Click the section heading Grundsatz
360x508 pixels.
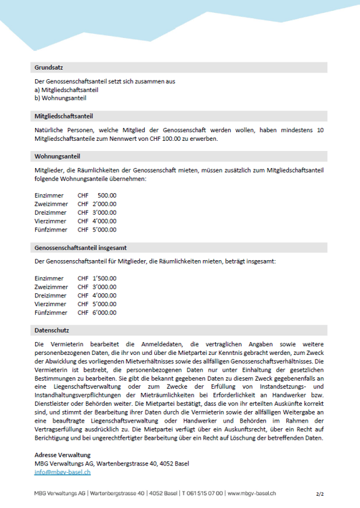point(49,68)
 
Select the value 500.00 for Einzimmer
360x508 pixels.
point(106,195)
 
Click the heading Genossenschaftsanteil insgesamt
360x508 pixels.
point(81,248)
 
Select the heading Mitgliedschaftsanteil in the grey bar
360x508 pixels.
point(64,115)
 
